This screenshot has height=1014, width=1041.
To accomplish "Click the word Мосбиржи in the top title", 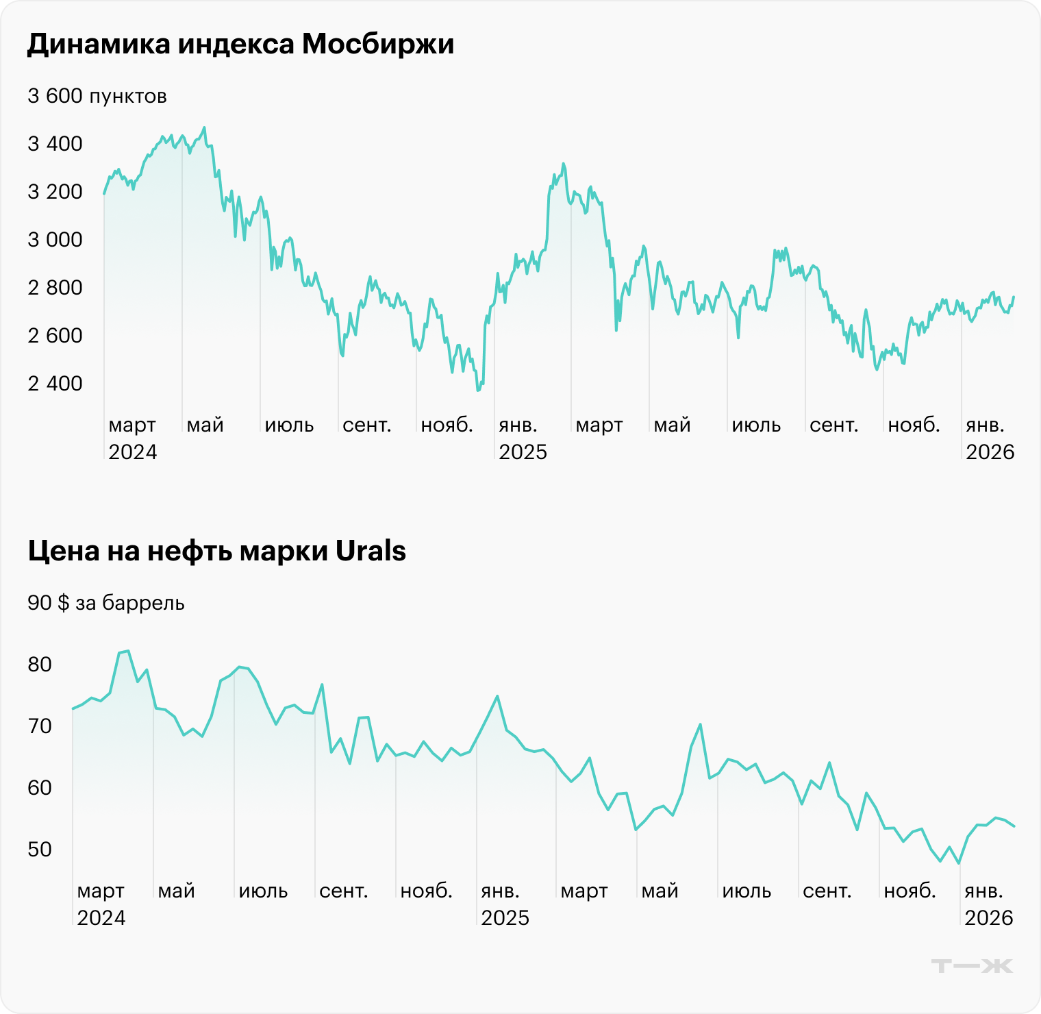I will (378, 45).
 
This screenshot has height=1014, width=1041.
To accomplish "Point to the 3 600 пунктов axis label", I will (97, 96).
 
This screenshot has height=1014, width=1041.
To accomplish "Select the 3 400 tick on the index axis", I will (55, 144).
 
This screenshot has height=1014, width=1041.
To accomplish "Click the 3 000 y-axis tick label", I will (55, 240).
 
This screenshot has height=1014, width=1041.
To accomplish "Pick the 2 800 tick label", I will (55, 288).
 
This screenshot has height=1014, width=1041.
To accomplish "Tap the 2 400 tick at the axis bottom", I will (55, 384).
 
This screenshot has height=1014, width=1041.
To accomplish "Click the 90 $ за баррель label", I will (106, 603).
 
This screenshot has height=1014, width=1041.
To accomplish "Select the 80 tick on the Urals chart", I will (40, 665).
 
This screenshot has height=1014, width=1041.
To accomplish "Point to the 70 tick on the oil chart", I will (40, 726).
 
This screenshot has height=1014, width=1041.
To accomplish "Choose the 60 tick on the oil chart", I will (40, 788).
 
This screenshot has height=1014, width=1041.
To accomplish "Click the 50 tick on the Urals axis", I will (40, 850).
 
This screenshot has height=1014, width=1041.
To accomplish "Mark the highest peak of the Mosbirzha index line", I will (204, 127).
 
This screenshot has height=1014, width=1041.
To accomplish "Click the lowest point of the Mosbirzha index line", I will (478, 391).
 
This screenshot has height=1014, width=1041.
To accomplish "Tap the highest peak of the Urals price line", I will (128, 651).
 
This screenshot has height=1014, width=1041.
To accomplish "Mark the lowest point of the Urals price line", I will (959, 863).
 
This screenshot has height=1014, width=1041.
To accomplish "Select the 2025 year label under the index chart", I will (523, 452).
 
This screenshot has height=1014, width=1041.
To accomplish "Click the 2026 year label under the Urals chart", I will (988, 918).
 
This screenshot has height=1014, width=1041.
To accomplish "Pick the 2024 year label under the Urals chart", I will (101, 918).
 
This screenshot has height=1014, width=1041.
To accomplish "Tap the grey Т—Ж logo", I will (972, 966).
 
